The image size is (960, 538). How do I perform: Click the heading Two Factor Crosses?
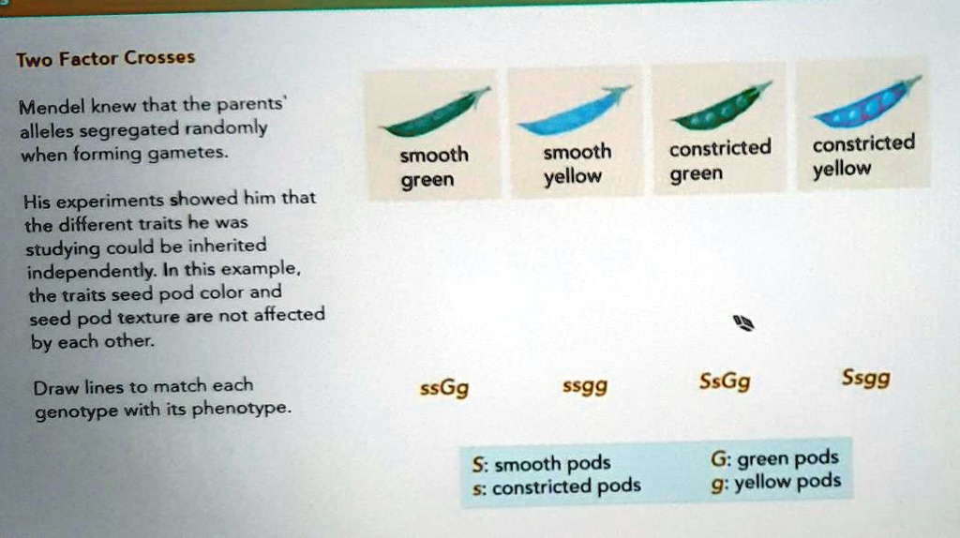(x=105, y=58)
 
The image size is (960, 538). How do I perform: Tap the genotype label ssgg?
(x=584, y=385)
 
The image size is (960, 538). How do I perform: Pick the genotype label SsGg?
(x=725, y=381)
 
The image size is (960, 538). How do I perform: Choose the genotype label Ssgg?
(x=866, y=380)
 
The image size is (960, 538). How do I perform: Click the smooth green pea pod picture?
(x=434, y=115)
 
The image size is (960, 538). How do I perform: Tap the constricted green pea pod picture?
(x=721, y=108)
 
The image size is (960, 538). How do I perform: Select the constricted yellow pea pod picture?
(x=866, y=103)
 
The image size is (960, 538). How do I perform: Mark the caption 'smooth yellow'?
(x=575, y=164)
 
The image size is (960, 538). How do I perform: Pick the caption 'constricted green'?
(x=719, y=160)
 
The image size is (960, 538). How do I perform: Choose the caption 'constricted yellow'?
(x=862, y=156)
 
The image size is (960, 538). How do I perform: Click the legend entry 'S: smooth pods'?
(x=542, y=464)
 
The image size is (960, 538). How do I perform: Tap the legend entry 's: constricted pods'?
(x=557, y=487)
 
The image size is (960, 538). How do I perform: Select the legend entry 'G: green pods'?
(x=774, y=459)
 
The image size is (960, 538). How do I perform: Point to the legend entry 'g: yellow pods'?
(x=775, y=483)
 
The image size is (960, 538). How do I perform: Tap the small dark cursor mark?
(x=744, y=324)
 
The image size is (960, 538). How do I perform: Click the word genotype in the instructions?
(x=67, y=410)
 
